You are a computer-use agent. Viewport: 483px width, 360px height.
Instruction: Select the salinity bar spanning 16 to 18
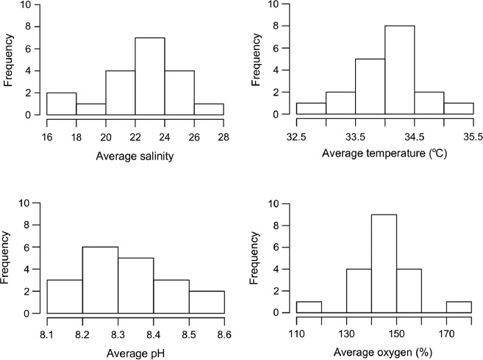point(61,104)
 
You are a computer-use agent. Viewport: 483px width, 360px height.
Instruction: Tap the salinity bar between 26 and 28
point(209,109)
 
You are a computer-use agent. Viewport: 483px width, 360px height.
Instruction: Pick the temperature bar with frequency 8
point(399,70)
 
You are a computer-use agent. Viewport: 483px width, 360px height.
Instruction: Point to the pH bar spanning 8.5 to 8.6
point(206,302)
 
